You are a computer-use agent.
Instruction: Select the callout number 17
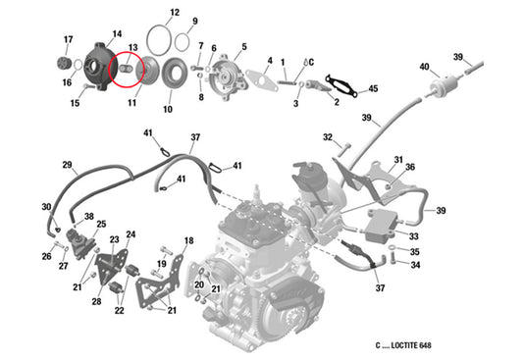pyautogui.click(x=68, y=39)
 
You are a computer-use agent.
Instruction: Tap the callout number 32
pyautogui.click(x=328, y=137)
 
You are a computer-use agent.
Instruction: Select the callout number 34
pyautogui.click(x=415, y=265)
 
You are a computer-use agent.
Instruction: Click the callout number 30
pyautogui.click(x=45, y=207)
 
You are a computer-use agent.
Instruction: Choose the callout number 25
pyautogui.click(x=100, y=225)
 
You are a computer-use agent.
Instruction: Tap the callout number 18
pyautogui.click(x=188, y=240)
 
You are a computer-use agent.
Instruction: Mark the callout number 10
pyautogui.click(x=167, y=109)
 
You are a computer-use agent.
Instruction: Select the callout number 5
pyautogui.click(x=243, y=46)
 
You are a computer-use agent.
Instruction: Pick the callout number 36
pyautogui.click(x=410, y=167)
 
